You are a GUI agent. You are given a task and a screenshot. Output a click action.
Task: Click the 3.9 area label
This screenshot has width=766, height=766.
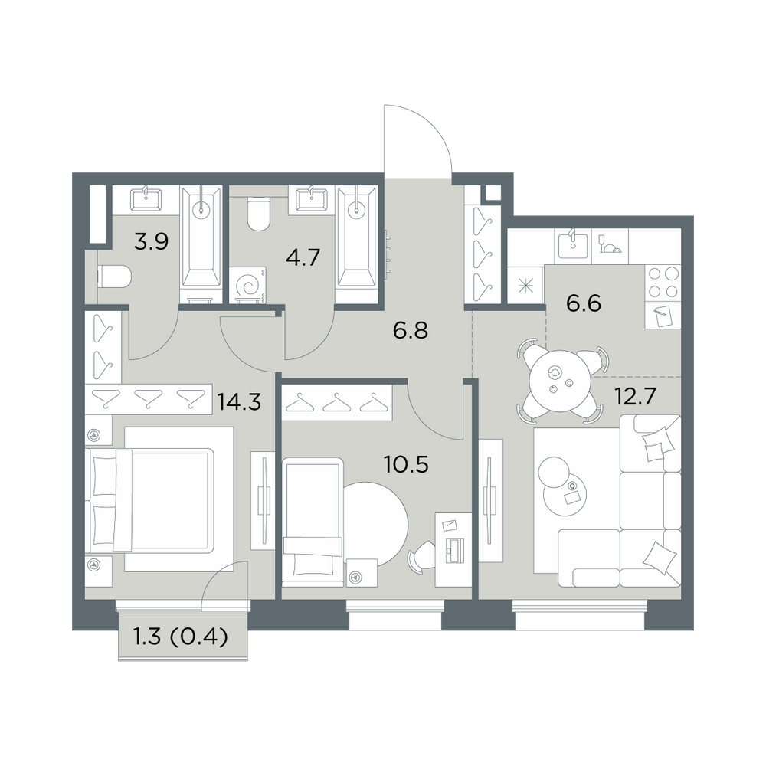pos(152,241)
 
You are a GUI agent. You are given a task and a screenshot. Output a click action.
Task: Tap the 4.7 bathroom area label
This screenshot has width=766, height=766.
pos(303,257)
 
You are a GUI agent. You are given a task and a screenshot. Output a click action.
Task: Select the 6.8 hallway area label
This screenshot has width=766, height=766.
pos(411,331)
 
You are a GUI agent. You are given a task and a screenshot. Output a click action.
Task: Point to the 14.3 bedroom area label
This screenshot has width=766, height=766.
pos(239,402)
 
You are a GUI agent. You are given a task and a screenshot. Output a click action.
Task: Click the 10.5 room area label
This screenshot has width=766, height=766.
pos(407,465)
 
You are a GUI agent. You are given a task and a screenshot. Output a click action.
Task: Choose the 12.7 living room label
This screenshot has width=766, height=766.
pos(635,397)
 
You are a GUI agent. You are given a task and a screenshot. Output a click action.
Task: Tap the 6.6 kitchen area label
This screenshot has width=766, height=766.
pos(584,303)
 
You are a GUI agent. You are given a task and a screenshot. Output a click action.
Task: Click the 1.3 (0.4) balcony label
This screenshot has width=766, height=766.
pos(180,637)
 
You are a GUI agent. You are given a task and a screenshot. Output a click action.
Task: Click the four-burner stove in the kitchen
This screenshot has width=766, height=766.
pos(663,283)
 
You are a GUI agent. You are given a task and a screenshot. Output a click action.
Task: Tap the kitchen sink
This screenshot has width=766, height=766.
pos(573,245)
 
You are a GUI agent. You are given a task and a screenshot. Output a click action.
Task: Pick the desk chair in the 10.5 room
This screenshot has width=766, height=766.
pos(421,556)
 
